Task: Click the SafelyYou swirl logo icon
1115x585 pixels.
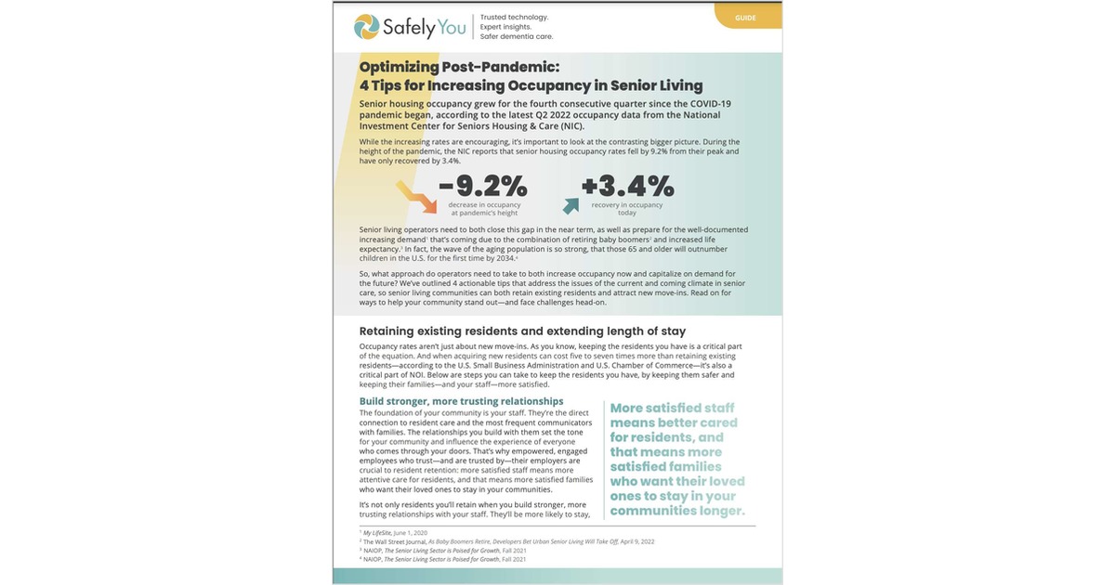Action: (x=367, y=27)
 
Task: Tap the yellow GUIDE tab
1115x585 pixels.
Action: (x=745, y=17)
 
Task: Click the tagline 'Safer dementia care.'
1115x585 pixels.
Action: (x=516, y=37)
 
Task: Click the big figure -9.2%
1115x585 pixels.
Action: (x=482, y=186)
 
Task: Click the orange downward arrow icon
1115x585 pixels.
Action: (x=415, y=196)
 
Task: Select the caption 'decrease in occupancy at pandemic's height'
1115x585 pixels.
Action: (x=484, y=208)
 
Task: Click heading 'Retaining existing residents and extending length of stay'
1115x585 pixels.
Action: (x=522, y=331)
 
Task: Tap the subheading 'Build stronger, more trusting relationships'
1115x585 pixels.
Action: (x=461, y=401)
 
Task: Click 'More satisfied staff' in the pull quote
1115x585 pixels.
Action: (x=673, y=408)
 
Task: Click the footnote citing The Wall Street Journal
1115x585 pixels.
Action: (x=506, y=541)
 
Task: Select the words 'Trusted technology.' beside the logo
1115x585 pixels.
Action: (x=514, y=17)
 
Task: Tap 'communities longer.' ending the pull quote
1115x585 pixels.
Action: (x=677, y=511)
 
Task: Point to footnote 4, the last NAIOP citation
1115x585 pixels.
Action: (x=442, y=559)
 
